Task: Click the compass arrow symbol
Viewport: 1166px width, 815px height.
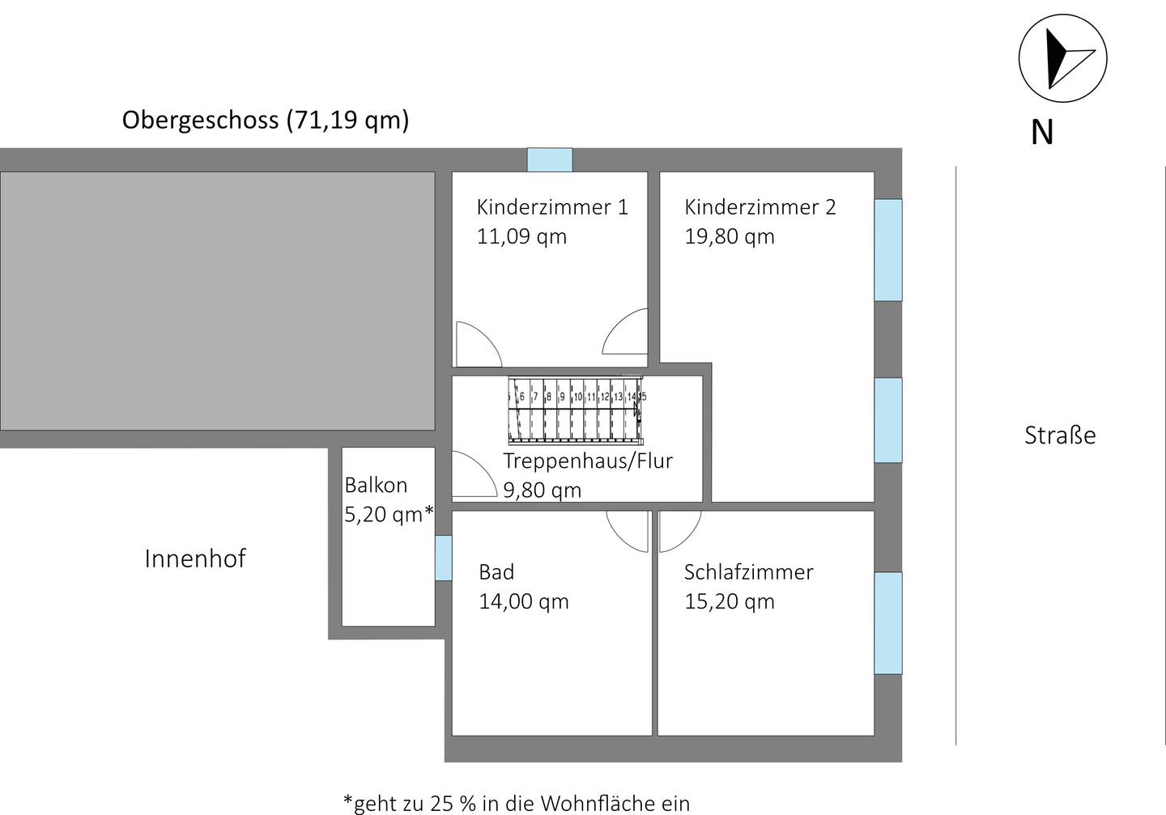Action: [x=1062, y=59]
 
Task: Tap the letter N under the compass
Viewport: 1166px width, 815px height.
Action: [x=1042, y=133]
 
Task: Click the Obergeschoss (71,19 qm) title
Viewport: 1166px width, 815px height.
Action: [x=266, y=120]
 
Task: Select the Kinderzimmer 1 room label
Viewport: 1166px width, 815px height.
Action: [x=552, y=207]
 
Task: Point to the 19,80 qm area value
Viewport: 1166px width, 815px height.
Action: [x=730, y=237]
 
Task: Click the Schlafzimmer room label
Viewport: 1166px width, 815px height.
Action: [x=748, y=572]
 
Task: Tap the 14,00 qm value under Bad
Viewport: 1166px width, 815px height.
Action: [x=524, y=602]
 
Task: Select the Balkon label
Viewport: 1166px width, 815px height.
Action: [x=376, y=486]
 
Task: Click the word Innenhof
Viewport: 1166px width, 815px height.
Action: [x=194, y=558]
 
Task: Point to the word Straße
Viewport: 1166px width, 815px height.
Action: [x=1060, y=435]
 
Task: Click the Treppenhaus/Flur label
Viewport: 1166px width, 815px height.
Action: [x=588, y=461]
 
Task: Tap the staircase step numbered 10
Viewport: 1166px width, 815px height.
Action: [x=578, y=397]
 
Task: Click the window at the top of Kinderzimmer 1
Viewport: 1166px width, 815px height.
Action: [x=550, y=159]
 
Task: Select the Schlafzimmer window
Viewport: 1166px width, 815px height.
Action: [x=888, y=623]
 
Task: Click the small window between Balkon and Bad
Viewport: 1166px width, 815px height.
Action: [x=443, y=558]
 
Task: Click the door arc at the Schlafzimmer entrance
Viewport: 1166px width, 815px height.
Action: [x=679, y=531]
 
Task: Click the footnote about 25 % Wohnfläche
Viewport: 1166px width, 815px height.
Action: [x=517, y=803]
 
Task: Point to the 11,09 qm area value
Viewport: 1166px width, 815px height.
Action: [x=521, y=237]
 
